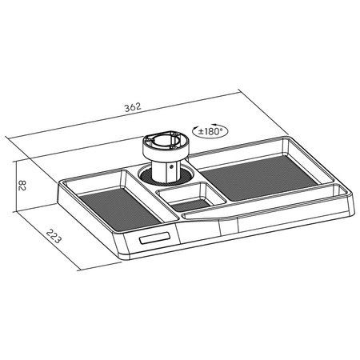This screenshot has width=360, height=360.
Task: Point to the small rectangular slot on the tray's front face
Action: tap(154, 239)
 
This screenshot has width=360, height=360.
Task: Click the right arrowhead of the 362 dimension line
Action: tap(248, 90)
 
